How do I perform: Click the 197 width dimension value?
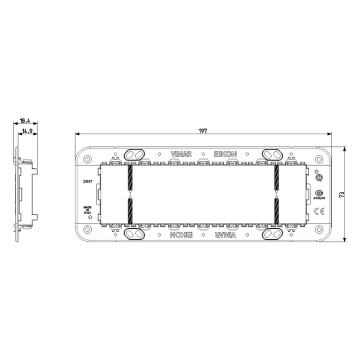pos(202,130)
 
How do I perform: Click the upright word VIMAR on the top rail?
pos(180,154)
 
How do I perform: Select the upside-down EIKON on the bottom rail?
pos(180,233)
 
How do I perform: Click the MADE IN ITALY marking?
pos(88,209)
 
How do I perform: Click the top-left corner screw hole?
pos(88,159)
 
